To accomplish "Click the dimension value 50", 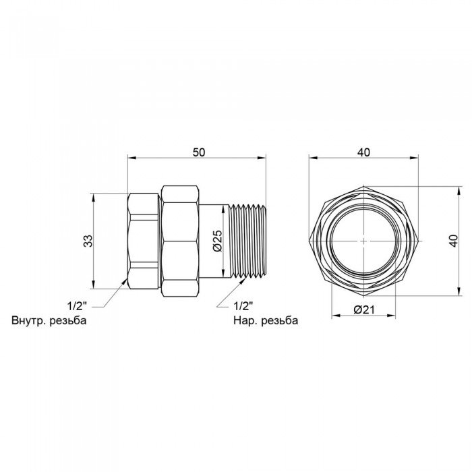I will point(198,153).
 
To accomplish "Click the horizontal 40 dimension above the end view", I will point(363,153).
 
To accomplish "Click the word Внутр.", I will point(30,320).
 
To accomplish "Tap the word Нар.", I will point(244,320).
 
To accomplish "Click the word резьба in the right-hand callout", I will point(280,320).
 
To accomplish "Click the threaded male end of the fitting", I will point(247,240).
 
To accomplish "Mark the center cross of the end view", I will point(363,241).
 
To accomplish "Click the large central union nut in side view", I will point(181,240).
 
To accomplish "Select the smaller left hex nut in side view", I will point(144,240).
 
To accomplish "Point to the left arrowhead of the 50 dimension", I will point(131,158).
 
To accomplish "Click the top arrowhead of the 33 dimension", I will point(94,197).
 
